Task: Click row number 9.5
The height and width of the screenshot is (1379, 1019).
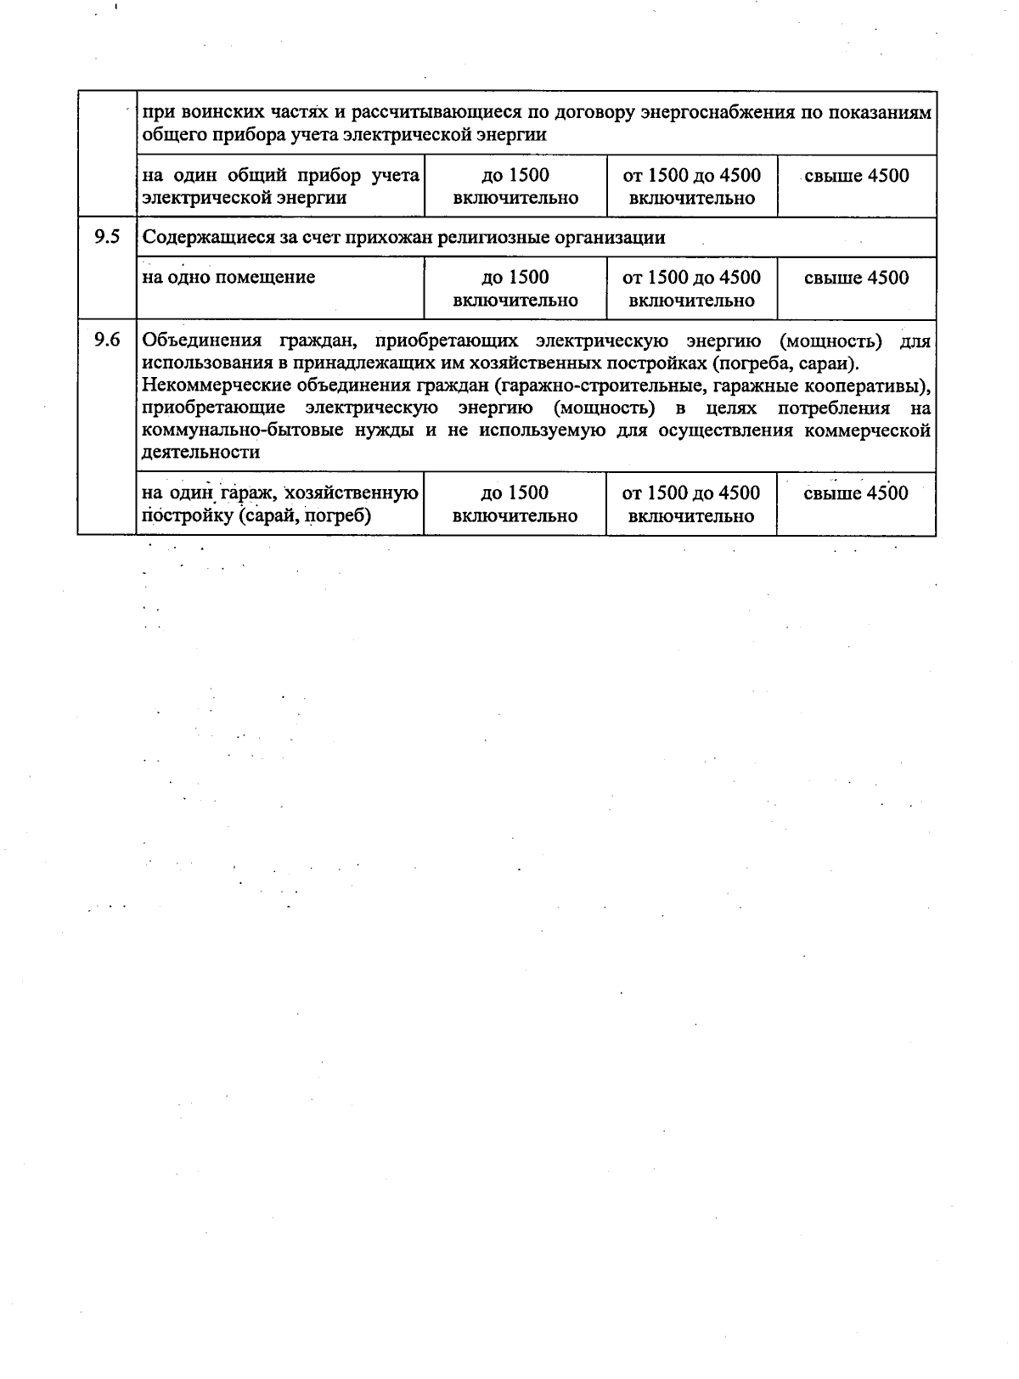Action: coord(107,237)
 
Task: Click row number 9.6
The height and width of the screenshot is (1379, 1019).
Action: coord(107,341)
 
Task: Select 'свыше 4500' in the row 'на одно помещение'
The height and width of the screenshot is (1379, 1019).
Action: coord(856,278)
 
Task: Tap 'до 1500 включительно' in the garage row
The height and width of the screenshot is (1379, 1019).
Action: coord(515,504)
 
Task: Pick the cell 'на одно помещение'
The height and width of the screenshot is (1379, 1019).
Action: coord(229,277)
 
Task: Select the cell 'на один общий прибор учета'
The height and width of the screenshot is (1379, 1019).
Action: coord(280,187)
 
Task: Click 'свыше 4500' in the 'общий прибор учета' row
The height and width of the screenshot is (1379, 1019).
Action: coord(856,176)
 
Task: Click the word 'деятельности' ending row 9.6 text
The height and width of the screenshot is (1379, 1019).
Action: coord(200,453)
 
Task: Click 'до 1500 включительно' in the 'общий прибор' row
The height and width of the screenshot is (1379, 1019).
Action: coord(515,187)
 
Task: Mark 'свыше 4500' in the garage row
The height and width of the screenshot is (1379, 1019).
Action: coord(855,493)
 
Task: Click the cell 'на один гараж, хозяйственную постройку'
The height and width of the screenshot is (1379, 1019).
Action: coord(280,504)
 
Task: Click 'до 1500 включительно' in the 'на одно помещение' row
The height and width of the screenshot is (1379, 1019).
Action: coord(515,289)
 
